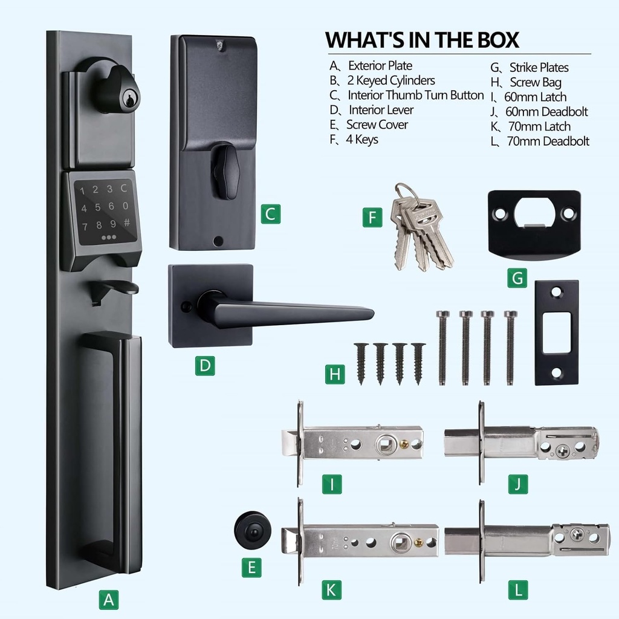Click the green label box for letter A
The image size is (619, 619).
coord(108,600)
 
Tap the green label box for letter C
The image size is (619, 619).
coord(271,214)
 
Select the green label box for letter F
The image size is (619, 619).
coord(372,217)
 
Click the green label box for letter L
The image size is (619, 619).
coord(517,589)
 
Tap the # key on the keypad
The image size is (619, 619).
coord(126,222)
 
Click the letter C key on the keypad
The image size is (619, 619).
coord(124,189)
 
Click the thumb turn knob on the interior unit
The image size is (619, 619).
coord(227,171)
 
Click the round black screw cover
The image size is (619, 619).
coord(252,530)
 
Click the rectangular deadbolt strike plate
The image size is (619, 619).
coord(556,332)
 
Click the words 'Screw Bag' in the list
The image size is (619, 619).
coord(535,82)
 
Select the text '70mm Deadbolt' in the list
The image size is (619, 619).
coord(548,141)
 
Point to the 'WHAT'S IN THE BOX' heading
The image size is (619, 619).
coord(422,39)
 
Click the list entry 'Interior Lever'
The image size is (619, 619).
coord(381,110)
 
